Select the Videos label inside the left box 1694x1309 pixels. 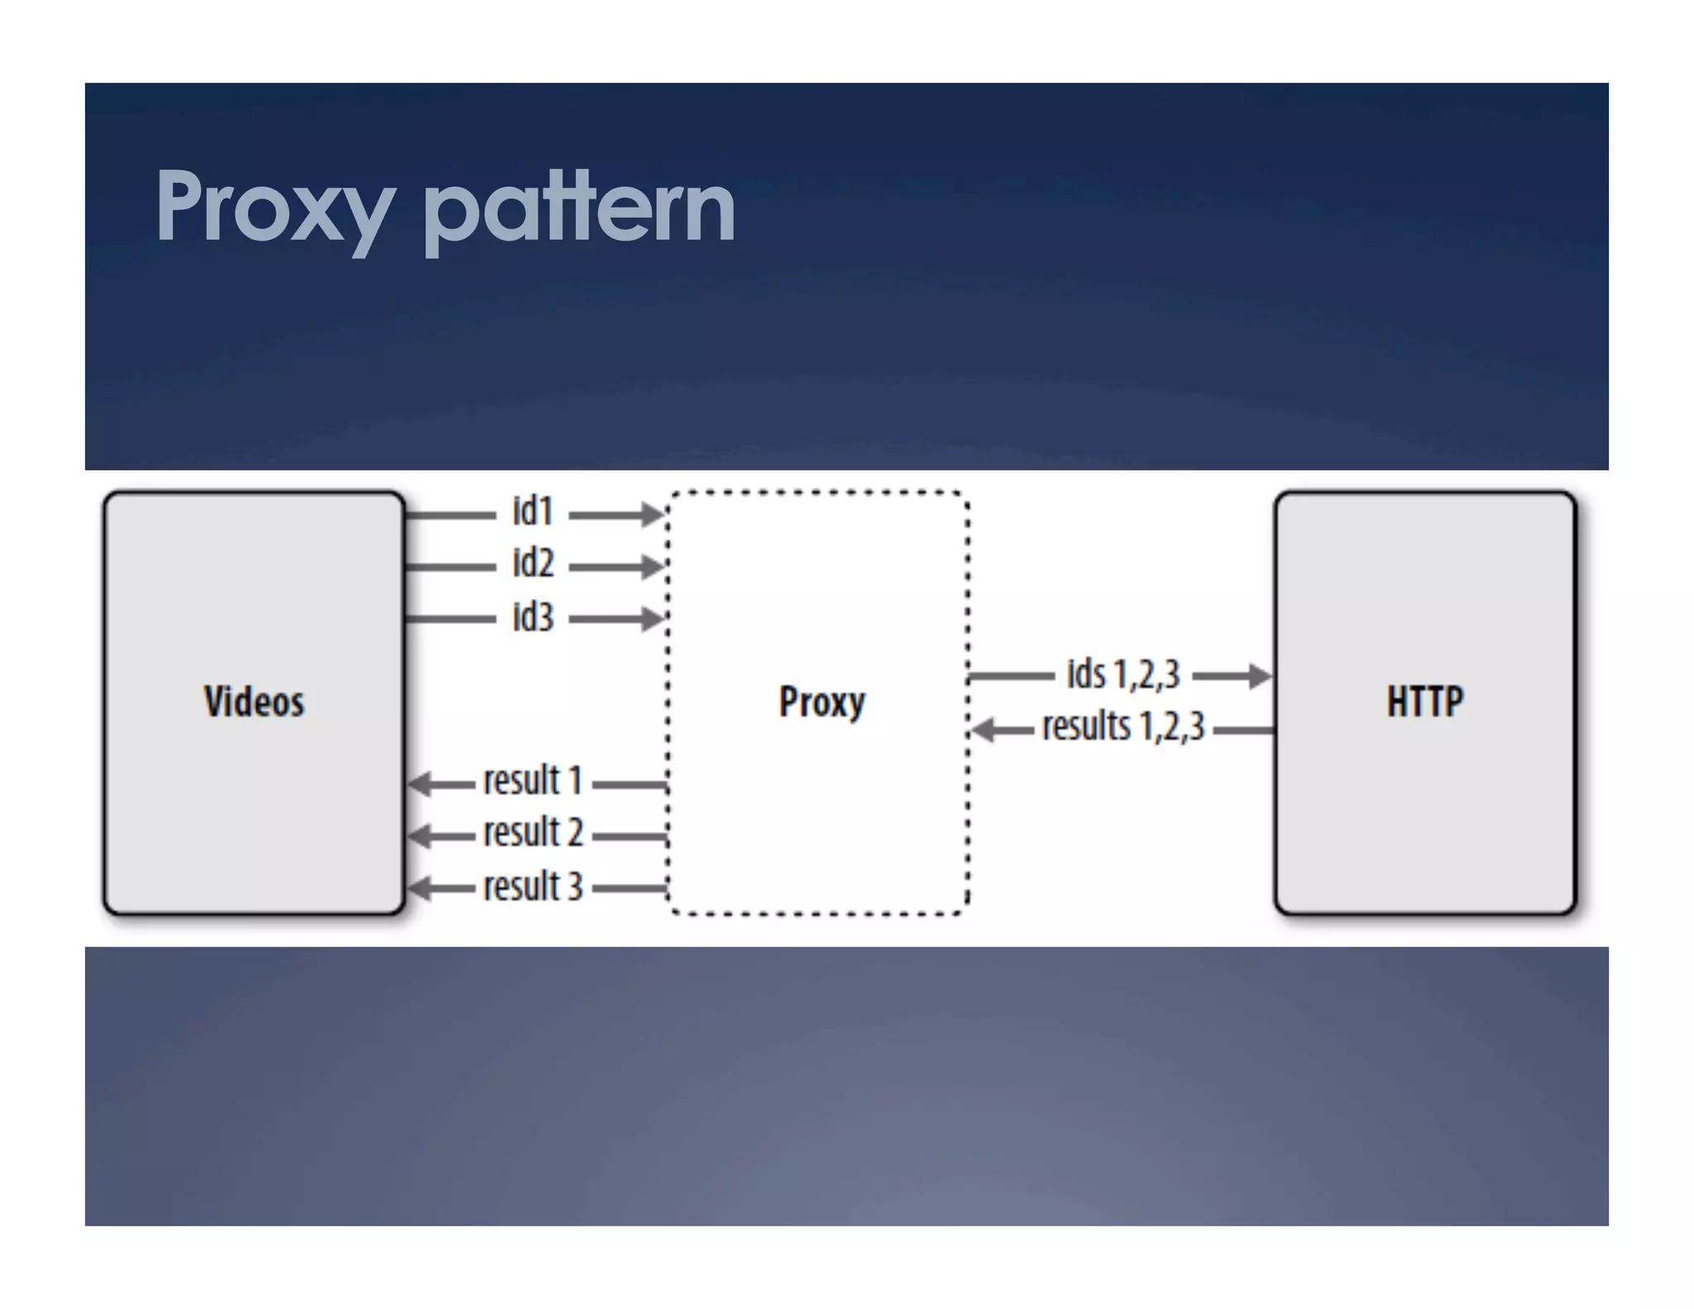254,702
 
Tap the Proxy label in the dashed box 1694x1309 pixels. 821,702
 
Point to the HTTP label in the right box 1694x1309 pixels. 1424,702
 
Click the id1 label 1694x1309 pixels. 533,511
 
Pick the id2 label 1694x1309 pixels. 533,563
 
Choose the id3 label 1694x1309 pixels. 533,617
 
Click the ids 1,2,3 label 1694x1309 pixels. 1122,674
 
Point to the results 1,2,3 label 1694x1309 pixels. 1123,726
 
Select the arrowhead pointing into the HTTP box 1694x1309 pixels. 1260,676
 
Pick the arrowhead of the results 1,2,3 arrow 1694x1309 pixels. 983,730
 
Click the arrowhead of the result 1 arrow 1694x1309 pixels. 420,784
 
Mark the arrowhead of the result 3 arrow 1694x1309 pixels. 420,889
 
